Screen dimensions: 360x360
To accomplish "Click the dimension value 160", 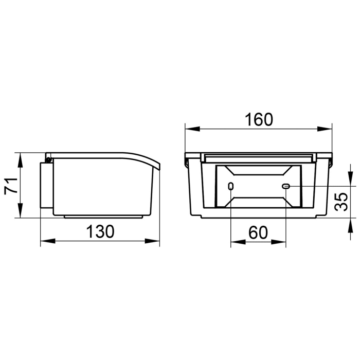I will [x=258, y=119].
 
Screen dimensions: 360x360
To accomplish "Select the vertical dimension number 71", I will [x=9, y=185].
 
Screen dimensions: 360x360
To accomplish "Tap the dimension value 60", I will [x=258, y=232].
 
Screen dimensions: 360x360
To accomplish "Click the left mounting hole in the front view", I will [x=231, y=186].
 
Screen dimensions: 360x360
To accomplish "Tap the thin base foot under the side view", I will [x=103, y=217].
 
